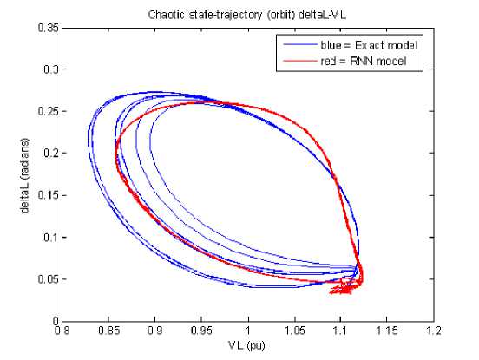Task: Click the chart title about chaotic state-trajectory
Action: tap(247, 15)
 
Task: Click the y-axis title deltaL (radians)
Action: tap(25, 175)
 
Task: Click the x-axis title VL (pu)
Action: tap(246, 345)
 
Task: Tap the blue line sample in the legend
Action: tap(300, 45)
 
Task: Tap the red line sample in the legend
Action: tap(300, 61)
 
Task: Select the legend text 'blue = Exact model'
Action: tap(369, 45)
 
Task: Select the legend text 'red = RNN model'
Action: tap(364, 62)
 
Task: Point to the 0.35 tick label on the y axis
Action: tap(48, 28)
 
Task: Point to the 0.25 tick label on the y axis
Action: tap(48, 111)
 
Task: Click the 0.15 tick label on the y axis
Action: tap(48, 195)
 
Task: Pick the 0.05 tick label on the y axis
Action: tap(48, 279)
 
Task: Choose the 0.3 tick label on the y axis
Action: tap(50, 69)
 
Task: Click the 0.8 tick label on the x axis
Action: tap(62, 331)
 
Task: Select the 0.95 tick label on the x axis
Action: tap(201, 331)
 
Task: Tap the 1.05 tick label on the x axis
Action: tap(294, 331)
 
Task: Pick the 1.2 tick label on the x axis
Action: tap(434, 331)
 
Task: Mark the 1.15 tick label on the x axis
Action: tap(387, 331)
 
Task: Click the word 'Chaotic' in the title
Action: tap(167, 15)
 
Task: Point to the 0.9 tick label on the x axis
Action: tap(154, 331)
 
